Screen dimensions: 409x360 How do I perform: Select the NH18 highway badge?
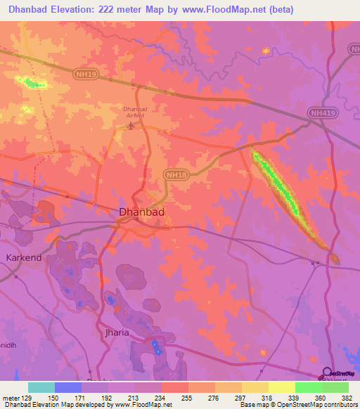pos(176,174)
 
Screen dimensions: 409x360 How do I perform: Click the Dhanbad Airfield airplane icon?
pos(131,126)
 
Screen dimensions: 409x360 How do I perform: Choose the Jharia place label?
pos(117,332)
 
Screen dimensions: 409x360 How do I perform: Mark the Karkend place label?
pos(25,258)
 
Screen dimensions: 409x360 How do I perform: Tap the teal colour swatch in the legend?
pos(41,387)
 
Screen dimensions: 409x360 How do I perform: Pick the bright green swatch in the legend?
pos(308,387)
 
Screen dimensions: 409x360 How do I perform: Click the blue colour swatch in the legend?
pos(67,387)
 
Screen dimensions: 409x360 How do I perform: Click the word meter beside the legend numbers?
pos(10,397)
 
